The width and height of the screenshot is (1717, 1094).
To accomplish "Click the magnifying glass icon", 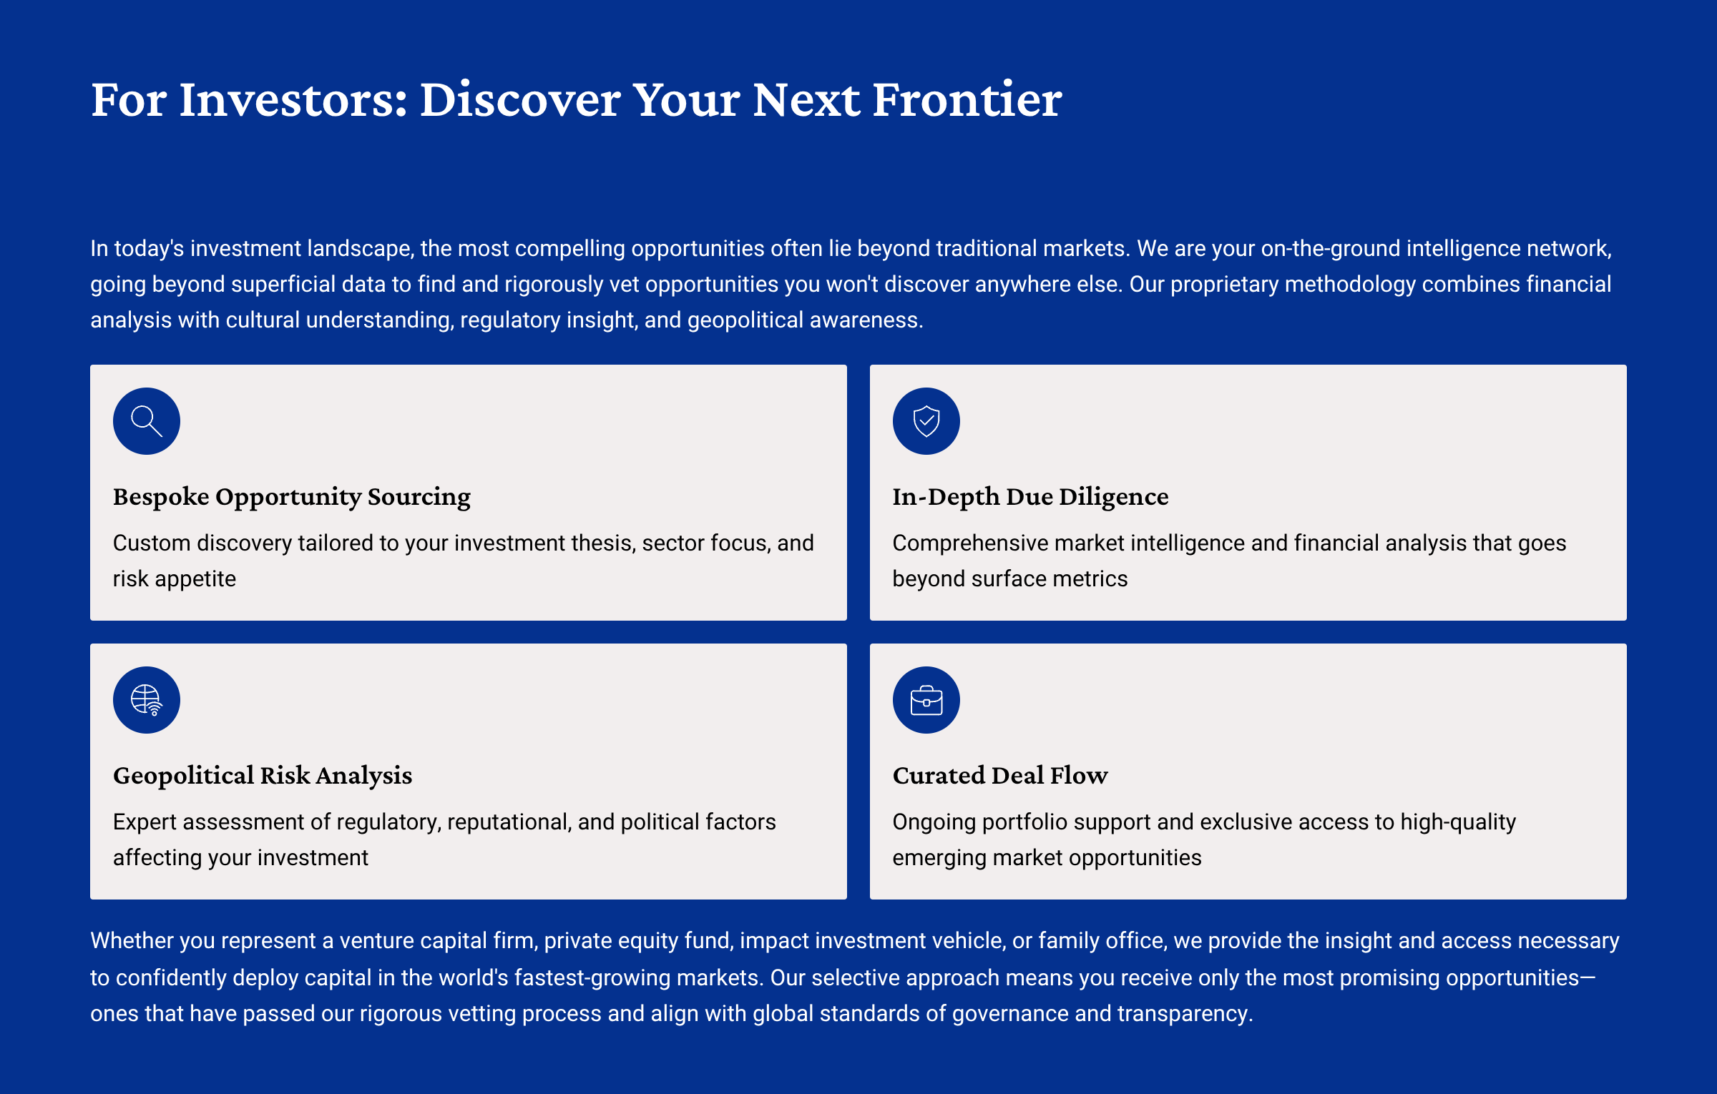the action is [147, 421].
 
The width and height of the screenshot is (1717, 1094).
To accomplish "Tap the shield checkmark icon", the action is [926, 421].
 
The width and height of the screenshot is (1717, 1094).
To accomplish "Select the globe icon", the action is [147, 700].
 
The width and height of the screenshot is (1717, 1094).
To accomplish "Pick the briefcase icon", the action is [926, 700].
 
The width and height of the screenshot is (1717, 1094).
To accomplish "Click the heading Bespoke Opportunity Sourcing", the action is [292, 497].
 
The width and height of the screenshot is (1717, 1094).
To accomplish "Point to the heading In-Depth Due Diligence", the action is [1030, 497].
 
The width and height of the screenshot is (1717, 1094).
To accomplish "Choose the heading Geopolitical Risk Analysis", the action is [263, 776].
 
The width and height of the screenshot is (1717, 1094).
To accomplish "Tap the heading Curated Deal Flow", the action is [1000, 775].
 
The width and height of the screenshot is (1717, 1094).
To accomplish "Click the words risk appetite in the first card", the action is [175, 578].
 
